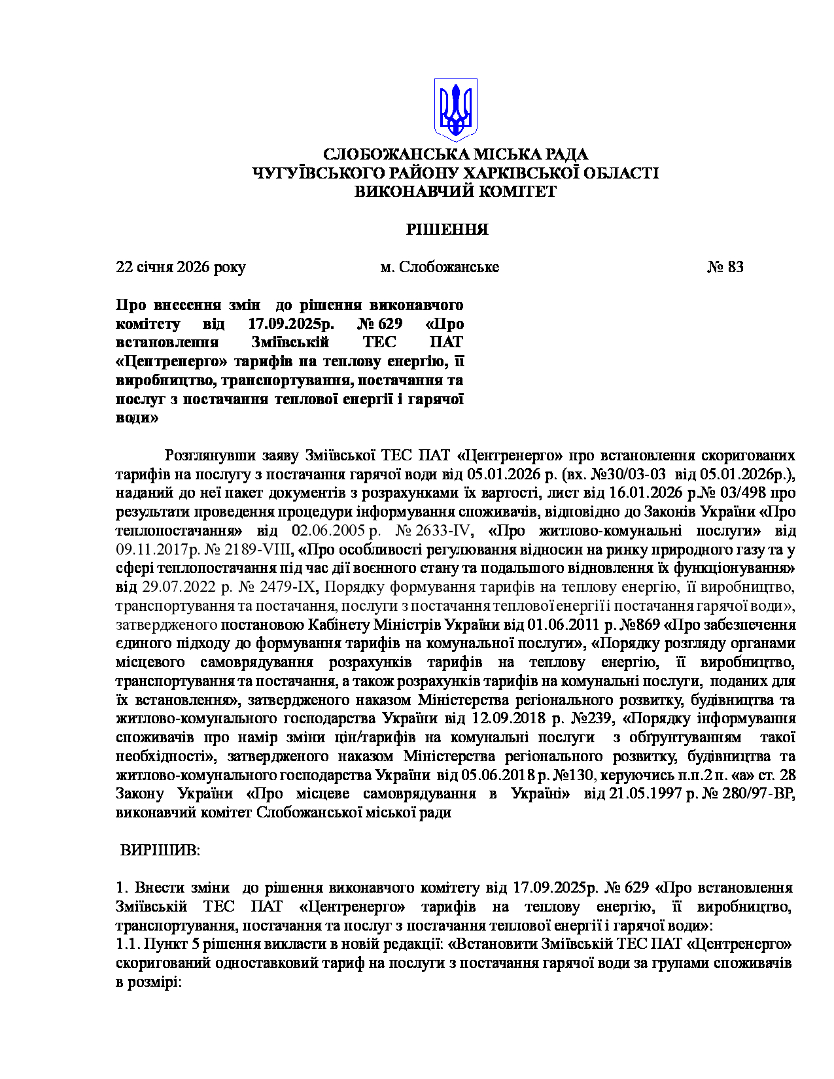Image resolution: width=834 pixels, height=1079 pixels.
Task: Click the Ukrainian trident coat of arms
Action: tap(455, 110)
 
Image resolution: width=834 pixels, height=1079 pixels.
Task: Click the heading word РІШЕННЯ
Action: tap(447, 230)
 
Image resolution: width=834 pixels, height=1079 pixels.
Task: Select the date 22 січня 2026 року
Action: tap(181, 267)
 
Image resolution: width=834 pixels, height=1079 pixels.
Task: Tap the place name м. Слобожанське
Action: tap(440, 267)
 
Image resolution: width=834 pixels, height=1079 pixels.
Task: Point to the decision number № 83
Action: tap(725, 267)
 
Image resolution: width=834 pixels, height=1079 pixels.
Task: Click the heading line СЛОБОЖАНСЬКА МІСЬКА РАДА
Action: tap(455, 154)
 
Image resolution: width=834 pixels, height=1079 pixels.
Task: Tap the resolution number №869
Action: tap(643, 625)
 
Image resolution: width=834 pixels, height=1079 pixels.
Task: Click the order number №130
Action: tap(576, 775)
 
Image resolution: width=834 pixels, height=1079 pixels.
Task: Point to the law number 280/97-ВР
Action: tap(758, 794)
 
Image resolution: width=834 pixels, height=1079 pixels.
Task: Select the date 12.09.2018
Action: tap(509, 719)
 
